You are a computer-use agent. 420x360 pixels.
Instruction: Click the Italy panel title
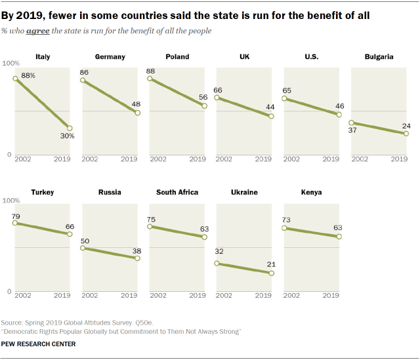click(43, 57)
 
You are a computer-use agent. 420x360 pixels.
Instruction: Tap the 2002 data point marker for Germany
click(83, 81)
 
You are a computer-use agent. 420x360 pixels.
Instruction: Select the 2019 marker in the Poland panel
click(205, 106)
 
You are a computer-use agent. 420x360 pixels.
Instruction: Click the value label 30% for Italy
click(68, 136)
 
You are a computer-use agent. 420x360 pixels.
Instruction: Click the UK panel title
click(244, 57)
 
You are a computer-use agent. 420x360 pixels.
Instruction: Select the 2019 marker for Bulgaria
click(406, 133)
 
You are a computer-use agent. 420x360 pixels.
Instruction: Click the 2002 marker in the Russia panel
click(83, 248)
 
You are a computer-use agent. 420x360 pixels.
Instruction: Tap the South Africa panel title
click(177, 193)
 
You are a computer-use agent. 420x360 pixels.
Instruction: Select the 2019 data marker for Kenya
click(339, 237)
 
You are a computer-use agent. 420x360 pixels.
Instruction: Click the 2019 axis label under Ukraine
click(264, 296)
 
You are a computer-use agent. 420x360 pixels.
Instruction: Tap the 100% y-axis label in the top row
click(11, 63)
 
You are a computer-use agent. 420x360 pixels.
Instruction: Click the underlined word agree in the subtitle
click(36, 31)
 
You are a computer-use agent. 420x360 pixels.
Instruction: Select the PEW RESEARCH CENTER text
click(38, 344)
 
